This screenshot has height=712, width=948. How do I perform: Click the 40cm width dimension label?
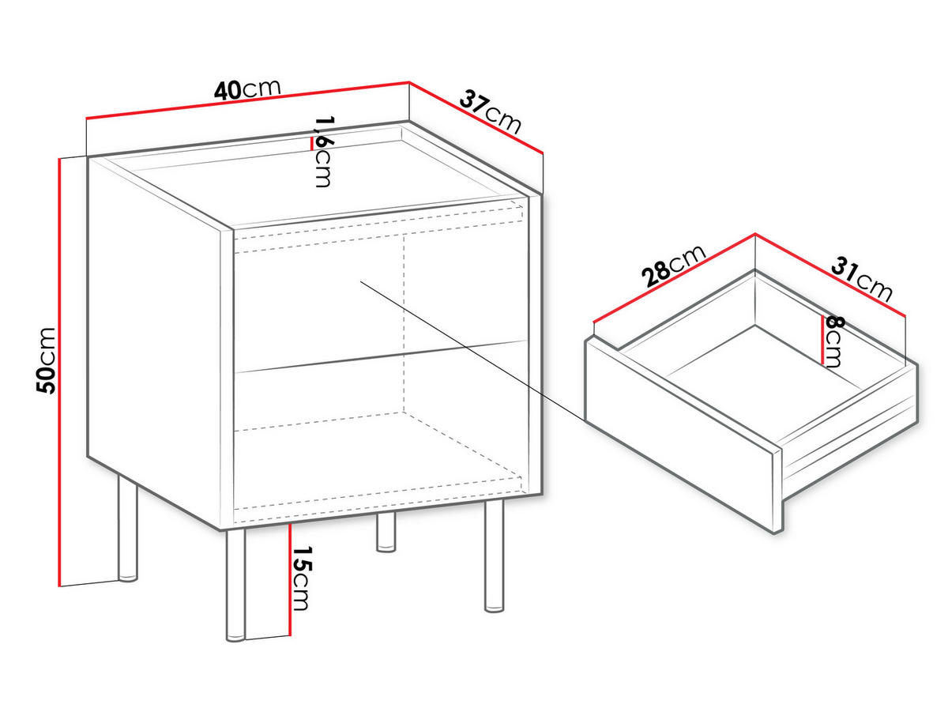[247, 90]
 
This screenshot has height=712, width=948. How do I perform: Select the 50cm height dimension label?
[46, 361]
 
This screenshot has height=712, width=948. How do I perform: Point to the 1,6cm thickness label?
[323, 151]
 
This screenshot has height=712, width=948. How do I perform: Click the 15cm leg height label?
[301, 578]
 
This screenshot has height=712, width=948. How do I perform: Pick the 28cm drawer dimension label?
[673, 266]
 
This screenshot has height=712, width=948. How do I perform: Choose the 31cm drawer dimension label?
[862, 280]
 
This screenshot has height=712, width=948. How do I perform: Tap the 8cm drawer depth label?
[834, 341]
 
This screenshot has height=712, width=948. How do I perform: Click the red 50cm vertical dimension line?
[59, 372]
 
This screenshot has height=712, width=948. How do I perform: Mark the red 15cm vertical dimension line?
[290, 579]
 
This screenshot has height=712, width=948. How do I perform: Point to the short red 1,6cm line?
[311, 144]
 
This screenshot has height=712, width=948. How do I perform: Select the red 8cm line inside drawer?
[822, 340]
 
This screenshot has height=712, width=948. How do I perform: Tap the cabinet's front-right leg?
[494, 556]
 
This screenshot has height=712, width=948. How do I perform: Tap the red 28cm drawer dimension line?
[674, 278]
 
